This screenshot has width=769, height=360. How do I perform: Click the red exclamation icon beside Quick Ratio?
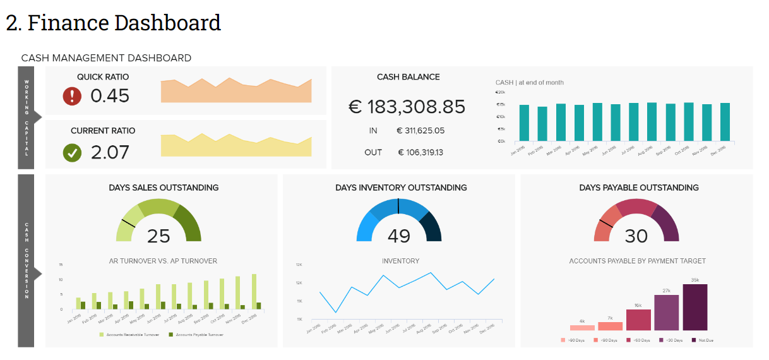(73, 96)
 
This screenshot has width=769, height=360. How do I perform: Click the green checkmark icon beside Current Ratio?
(73, 153)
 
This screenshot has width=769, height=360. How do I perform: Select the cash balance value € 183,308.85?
(407, 107)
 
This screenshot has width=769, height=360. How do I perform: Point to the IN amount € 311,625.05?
(420, 131)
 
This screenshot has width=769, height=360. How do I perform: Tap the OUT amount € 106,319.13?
(420, 152)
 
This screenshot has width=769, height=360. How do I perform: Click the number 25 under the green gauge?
(158, 236)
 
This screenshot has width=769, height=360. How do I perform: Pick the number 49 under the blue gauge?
(398, 236)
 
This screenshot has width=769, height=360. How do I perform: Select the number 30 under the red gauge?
(636, 236)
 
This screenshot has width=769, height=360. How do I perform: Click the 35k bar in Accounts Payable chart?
(695, 307)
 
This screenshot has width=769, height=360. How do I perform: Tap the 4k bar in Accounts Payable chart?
(582, 327)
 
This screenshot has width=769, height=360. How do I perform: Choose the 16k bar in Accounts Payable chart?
(638, 320)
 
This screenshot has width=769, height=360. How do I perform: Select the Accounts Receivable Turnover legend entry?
(129, 334)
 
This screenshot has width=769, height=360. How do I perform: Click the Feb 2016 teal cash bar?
(542, 124)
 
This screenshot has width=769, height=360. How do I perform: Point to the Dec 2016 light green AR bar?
(254, 291)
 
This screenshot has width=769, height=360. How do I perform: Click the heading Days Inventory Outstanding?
(401, 188)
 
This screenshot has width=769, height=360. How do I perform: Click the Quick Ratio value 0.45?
(110, 96)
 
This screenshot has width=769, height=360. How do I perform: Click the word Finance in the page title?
(69, 23)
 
